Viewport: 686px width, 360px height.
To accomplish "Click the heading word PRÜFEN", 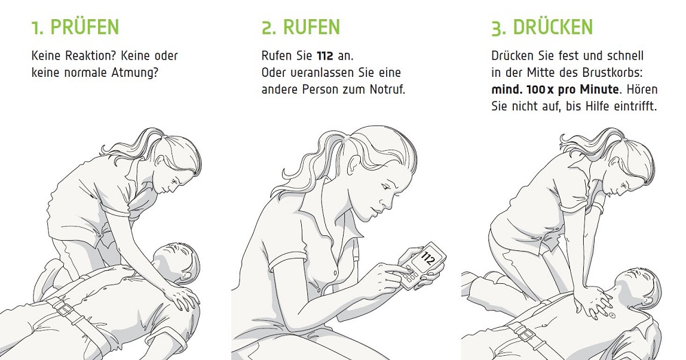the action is (84, 27).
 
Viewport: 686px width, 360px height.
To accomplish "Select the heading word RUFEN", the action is (311, 27).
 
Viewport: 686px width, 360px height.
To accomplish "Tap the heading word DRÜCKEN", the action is (552, 27).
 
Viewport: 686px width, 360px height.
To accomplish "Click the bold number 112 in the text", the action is (325, 56).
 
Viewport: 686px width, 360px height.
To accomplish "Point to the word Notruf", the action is (388, 90).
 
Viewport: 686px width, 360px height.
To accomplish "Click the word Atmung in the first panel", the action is (134, 73).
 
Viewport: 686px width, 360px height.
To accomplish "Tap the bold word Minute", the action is (600, 90).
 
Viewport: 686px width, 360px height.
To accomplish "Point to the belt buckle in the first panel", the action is (64, 309).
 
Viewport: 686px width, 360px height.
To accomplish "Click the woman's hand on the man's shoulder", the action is (185, 298).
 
